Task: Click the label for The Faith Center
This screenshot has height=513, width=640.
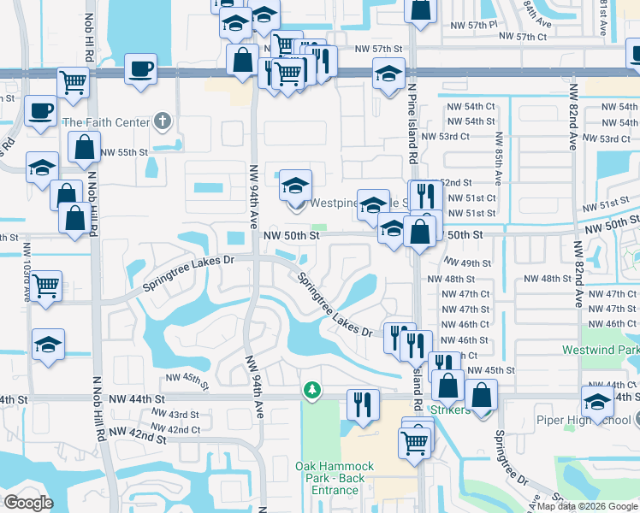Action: point(105,122)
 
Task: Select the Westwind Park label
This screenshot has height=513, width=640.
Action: point(601,351)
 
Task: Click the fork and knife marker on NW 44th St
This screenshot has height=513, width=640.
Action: point(363,404)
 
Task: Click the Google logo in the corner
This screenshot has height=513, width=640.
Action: point(29,503)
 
